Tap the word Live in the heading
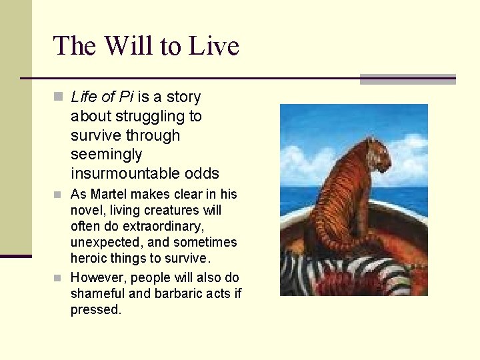[x=214, y=47]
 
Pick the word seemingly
[x=106, y=155]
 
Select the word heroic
[x=89, y=259]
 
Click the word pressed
[x=95, y=309]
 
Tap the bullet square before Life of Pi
[x=59, y=98]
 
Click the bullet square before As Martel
[x=59, y=195]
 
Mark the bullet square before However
[x=59, y=278]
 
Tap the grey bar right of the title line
[x=407, y=79]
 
